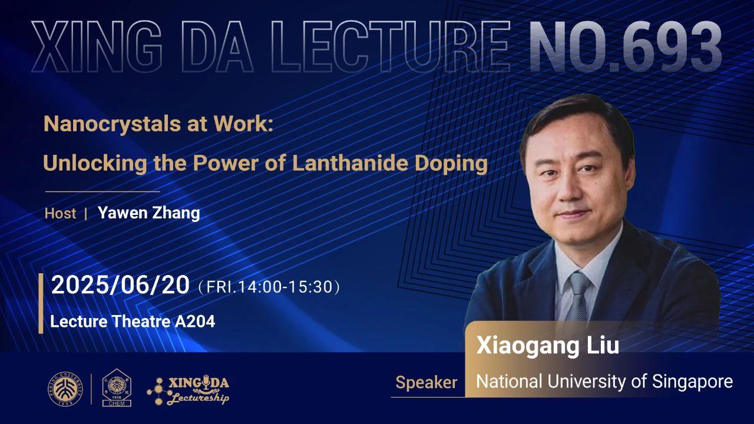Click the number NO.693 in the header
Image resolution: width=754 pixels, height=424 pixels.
point(626,46)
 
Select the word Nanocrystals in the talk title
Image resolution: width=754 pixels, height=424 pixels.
point(112,124)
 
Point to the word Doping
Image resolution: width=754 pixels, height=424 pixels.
point(451,164)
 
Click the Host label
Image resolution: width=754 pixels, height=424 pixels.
point(60,214)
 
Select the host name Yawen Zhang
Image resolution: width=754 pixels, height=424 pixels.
point(149,213)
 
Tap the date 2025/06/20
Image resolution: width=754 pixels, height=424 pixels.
point(120,285)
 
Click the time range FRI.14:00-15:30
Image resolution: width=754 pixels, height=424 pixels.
point(269,287)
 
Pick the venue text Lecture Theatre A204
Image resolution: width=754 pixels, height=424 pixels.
point(133,322)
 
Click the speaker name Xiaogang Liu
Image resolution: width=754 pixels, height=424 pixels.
point(548,346)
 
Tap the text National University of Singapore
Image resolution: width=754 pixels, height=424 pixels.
point(604,382)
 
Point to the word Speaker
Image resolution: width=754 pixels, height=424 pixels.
point(426,383)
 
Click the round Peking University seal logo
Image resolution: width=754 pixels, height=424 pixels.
point(65,389)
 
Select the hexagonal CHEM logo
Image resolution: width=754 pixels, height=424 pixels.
point(117,387)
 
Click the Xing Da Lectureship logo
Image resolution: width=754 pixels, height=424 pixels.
point(188,390)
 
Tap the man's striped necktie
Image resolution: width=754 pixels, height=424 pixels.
point(578,297)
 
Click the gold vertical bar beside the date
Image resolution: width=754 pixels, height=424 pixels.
point(41,303)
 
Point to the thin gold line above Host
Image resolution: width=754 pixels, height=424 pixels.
point(102,191)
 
